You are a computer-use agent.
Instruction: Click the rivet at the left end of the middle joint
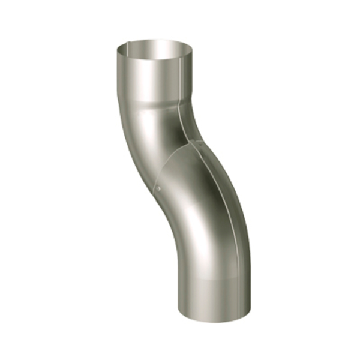158,188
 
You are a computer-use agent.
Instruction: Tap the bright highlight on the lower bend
198,228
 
